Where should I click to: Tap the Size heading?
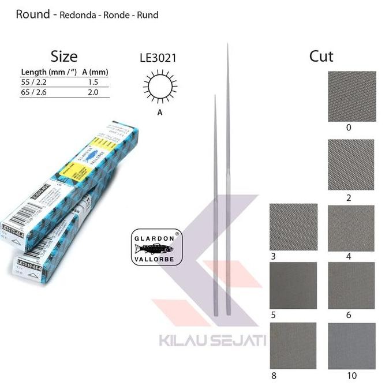63,56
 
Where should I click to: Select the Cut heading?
321,56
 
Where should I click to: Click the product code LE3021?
158,58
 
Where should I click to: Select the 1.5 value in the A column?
92,83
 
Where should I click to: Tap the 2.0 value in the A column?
92,92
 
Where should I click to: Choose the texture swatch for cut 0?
351,96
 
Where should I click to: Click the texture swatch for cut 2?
351,164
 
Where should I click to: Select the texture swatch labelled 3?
294,226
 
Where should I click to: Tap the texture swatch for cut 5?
294,285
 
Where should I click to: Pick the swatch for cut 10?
351,345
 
